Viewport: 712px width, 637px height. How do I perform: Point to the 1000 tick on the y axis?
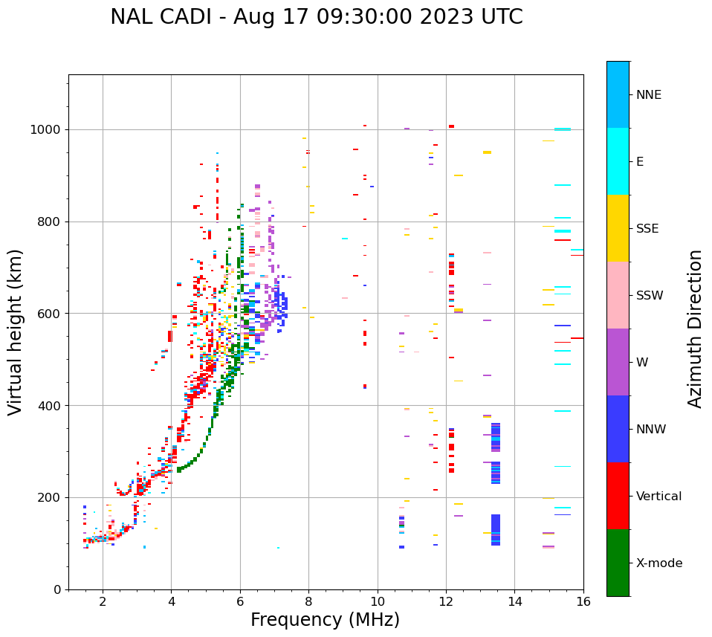pyautogui.click(x=47, y=129)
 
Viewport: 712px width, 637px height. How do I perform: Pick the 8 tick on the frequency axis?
pyautogui.click(x=308, y=601)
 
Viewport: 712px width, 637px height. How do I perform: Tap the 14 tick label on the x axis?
pyautogui.click(x=515, y=601)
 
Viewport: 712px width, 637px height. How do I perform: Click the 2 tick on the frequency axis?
pyautogui.click(x=103, y=601)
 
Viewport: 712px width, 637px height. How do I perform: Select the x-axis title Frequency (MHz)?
pyautogui.click(x=325, y=620)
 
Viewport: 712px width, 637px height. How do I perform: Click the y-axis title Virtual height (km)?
pyautogui.click(x=16, y=332)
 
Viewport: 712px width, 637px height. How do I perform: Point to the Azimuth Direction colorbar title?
pyautogui.click(x=695, y=329)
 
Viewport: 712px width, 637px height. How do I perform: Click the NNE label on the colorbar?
pyautogui.click(x=649, y=95)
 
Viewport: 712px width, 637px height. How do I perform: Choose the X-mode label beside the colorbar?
pyautogui.click(x=659, y=563)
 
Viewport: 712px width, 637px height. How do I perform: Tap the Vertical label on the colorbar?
pyautogui.click(x=658, y=497)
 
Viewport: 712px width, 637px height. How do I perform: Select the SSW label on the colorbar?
pyautogui.click(x=650, y=296)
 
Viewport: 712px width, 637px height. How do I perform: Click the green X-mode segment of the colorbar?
pyautogui.click(x=618, y=563)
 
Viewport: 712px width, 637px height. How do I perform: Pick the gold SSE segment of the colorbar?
pyautogui.click(x=618, y=228)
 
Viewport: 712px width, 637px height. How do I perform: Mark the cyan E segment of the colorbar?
pyautogui.click(x=618, y=161)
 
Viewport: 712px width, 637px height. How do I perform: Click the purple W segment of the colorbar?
pyautogui.click(x=618, y=362)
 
